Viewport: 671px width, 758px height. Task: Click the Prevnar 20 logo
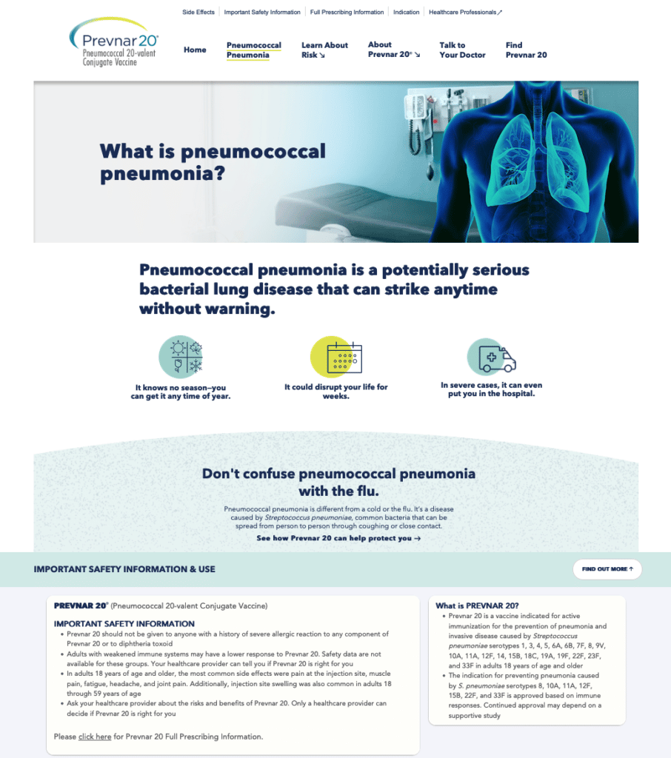[114, 42]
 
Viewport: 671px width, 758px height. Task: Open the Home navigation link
[195, 50]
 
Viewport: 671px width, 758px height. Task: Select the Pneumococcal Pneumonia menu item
[253, 50]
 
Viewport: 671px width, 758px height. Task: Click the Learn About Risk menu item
[324, 50]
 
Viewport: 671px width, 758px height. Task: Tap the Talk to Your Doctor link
[462, 50]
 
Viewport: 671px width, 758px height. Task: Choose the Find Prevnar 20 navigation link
[527, 50]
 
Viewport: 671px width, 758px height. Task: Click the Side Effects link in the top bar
[198, 12]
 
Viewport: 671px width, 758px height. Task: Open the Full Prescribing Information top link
[347, 12]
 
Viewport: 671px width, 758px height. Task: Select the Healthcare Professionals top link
[465, 12]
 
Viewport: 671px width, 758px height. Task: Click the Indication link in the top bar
[407, 12]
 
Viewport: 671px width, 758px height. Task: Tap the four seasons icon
[181, 357]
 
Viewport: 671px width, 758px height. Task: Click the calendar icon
[336, 357]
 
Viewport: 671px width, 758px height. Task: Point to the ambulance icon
[492, 358]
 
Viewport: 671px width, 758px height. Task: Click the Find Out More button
[607, 569]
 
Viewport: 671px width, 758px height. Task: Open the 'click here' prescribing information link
[95, 737]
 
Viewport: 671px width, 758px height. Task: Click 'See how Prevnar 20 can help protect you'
[338, 538]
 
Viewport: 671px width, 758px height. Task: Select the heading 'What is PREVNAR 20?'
[477, 606]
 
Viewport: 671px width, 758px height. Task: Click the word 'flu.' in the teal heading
[365, 492]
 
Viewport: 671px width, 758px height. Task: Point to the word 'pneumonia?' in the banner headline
[162, 173]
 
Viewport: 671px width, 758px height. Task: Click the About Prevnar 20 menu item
[394, 50]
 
